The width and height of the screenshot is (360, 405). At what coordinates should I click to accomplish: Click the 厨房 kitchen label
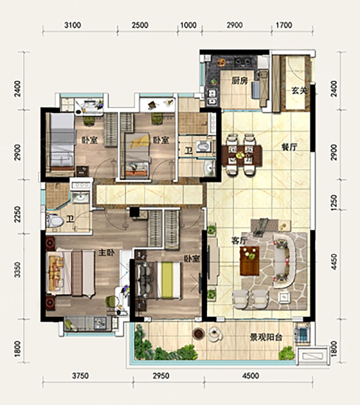(239, 81)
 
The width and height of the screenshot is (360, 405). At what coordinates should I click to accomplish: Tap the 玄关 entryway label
(299, 90)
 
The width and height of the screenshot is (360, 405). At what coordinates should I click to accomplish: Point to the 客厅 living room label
(239, 241)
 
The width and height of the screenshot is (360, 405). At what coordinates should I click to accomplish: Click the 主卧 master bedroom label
(107, 253)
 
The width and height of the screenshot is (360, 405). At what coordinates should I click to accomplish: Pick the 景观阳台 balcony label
(266, 337)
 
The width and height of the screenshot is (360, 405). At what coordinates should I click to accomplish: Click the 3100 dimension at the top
(73, 25)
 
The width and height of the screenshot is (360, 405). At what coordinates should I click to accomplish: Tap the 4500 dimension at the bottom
(251, 375)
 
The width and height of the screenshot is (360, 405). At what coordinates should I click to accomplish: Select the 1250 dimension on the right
(334, 202)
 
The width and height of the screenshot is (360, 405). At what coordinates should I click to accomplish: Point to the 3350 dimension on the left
(17, 270)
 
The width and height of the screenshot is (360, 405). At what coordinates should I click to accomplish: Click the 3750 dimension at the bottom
(80, 375)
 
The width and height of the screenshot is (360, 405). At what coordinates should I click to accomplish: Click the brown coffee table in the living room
(249, 261)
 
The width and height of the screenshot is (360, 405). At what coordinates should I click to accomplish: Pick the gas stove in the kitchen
(243, 62)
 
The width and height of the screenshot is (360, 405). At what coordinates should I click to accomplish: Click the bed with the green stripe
(169, 280)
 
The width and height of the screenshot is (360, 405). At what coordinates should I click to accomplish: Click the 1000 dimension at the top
(188, 25)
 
